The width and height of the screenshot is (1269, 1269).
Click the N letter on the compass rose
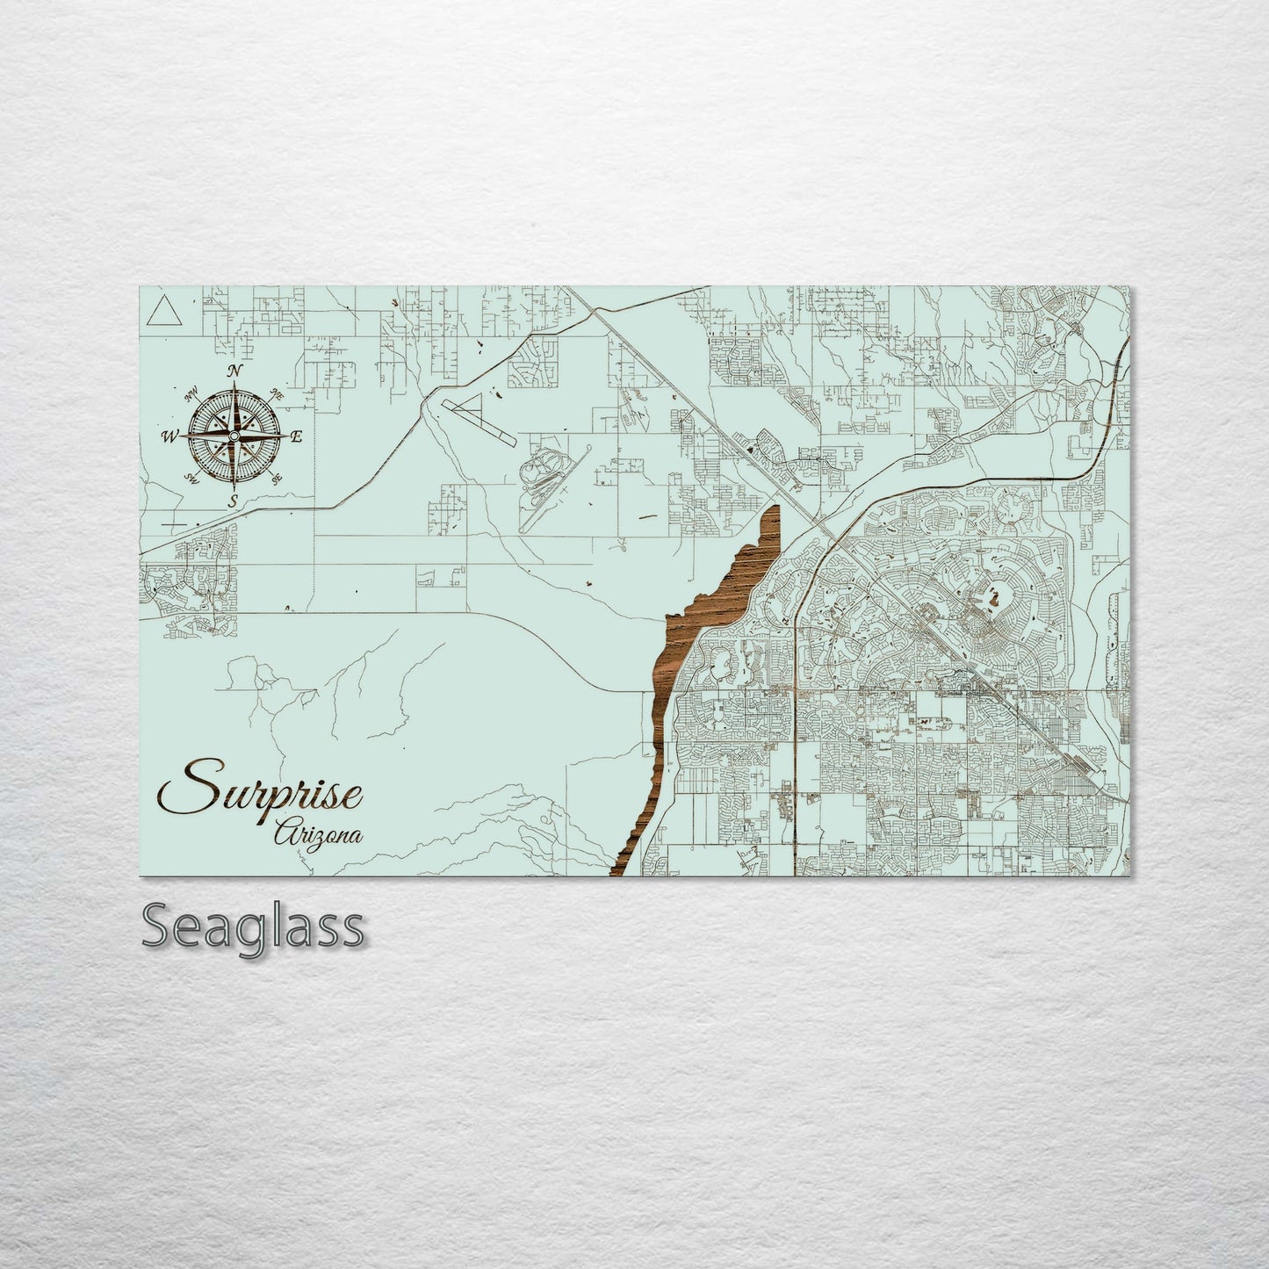click(234, 371)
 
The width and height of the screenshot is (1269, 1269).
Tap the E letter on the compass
click(297, 436)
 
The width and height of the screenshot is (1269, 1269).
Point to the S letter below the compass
click(233, 501)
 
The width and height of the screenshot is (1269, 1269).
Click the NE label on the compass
click(278, 393)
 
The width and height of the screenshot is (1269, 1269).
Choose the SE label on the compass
click(278, 479)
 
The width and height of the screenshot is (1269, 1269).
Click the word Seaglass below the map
click(252, 926)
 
